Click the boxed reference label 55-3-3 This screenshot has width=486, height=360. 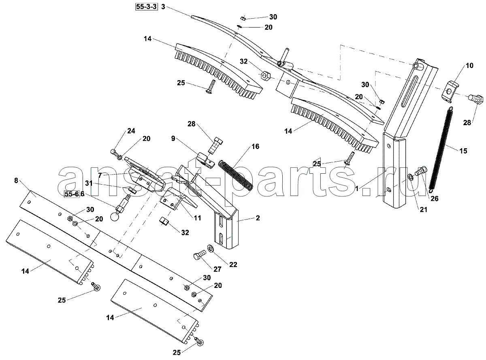[146, 7]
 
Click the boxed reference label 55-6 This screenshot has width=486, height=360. [72, 194]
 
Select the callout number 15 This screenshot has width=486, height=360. [463, 151]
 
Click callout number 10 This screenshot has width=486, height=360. [469, 66]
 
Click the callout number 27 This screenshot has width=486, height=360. [217, 269]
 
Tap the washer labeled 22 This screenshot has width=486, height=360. [211, 249]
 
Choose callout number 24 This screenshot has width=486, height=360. [131, 131]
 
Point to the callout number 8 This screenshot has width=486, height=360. [16, 181]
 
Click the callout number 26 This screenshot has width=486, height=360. [435, 198]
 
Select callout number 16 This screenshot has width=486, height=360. [255, 146]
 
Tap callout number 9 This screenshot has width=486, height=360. [173, 138]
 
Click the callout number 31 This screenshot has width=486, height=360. [89, 183]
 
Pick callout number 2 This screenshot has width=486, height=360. [258, 218]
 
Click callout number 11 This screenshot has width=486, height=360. [197, 218]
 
